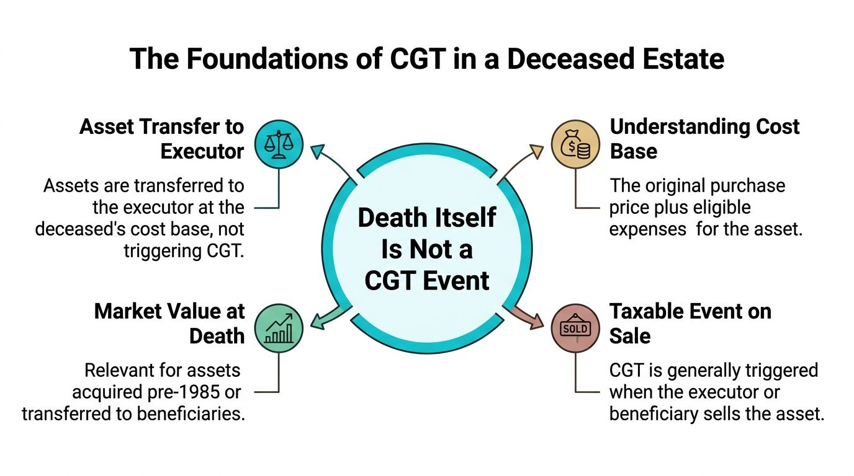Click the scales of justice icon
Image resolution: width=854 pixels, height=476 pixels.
(x=279, y=145)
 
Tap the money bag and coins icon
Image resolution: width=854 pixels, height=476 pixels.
(x=575, y=145)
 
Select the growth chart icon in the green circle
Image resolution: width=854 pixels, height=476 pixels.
(x=279, y=328)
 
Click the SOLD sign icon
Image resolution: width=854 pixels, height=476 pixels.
(x=575, y=328)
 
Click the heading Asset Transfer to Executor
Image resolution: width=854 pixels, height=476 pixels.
(x=161, y=139)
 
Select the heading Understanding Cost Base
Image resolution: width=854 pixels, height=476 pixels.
(x=704, y=139)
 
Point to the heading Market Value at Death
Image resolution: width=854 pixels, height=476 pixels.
(x=169, y=323)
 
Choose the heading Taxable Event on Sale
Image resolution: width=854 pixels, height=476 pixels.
(x=690, y=323)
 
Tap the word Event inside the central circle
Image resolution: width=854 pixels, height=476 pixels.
(x=458, y=281)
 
